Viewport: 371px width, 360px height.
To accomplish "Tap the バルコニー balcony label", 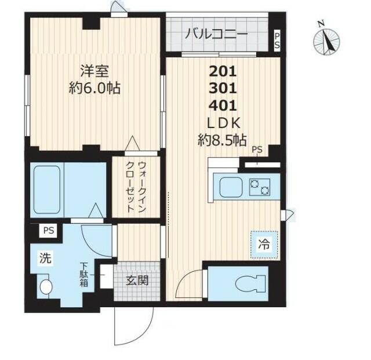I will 216,34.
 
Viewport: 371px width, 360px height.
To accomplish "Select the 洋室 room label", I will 95,74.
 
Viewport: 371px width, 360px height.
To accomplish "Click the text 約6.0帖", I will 94,90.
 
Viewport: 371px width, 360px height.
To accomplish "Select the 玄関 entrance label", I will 137,281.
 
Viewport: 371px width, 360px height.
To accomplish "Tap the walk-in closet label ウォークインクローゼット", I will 137,186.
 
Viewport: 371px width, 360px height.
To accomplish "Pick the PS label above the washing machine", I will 48,231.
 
